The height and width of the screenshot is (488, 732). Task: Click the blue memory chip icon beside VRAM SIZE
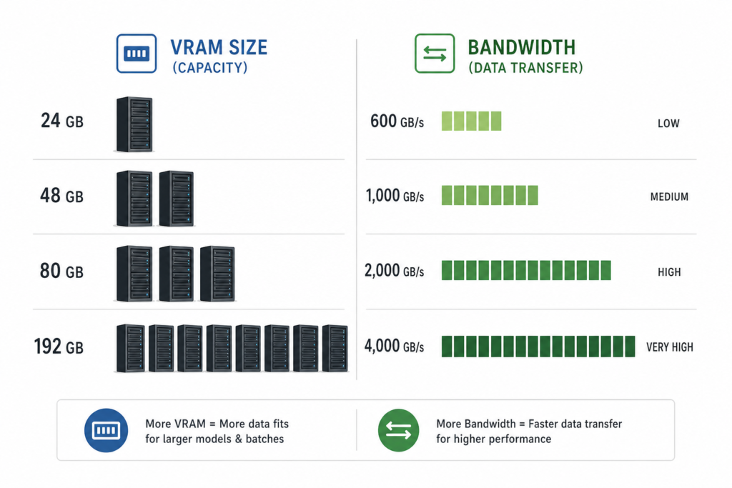[137, 53]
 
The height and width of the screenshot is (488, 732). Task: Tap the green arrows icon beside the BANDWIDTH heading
[435, 53]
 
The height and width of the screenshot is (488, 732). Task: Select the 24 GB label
[62, 121]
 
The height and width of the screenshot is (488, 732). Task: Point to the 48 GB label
[61, 196]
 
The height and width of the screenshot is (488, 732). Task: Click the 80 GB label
[61, 271]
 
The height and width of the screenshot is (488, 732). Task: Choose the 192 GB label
[59, 347]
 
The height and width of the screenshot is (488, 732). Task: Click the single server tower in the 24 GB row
[134, 124]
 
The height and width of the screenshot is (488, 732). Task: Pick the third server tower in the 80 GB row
[217, 274]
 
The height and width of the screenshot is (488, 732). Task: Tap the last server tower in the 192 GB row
[335, 348]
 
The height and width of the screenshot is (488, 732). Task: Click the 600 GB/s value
[397, 121]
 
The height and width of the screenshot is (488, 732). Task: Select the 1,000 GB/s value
[395, 196]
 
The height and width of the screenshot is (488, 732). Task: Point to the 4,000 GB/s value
[394, 346]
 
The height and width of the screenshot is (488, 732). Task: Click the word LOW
[668, 123]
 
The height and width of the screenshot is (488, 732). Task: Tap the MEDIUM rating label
[669, 197]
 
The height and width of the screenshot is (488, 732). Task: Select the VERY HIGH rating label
[669, 347]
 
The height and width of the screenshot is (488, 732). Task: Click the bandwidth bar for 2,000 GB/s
[526, 271]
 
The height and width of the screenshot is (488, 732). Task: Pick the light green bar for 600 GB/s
[472, 121]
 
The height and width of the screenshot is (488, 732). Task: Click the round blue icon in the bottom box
[106, 430]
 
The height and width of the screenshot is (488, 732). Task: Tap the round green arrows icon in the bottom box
[399, 430]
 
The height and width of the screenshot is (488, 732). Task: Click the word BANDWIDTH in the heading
[521, 48]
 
